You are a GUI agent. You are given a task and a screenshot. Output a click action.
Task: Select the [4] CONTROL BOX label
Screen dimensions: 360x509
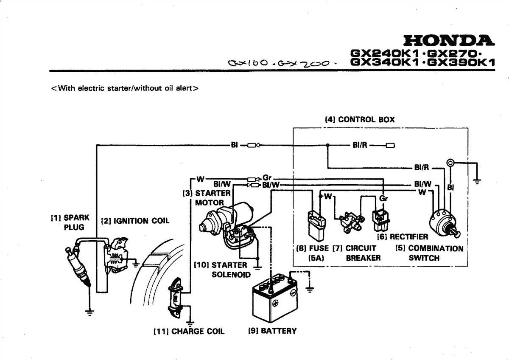[x=359, y=120]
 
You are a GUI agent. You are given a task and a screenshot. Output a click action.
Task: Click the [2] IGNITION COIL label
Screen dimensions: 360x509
[x=135, y=221]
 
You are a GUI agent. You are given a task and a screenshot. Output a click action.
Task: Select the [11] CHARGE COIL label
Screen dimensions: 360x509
[x=189, y=331]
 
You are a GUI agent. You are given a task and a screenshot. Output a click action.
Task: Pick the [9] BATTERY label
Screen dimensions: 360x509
[x=272, y=331]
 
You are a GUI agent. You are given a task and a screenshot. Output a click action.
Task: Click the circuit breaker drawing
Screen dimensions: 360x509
[x=349, y=222]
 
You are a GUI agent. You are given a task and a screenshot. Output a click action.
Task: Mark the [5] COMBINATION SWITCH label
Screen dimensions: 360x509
[x=429, y=253]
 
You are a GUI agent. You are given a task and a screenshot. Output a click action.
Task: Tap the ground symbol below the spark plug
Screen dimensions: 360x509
[x=90, y=312]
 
